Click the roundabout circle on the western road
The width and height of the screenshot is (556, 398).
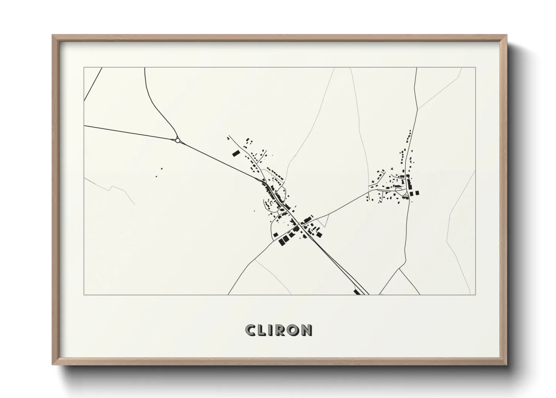click(178, 140)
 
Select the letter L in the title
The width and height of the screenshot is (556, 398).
click(262, 330)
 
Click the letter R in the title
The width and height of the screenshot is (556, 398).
click(280, 330)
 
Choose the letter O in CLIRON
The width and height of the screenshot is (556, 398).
click(293, 330)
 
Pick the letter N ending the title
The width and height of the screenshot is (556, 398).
click(307, 330)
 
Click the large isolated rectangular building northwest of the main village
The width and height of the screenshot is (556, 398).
click(236, 153)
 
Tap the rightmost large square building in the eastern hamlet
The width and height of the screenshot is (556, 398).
click(417, 193)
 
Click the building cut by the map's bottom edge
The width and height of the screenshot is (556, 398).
click(357, 292)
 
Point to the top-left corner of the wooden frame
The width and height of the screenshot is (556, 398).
click(53, 35)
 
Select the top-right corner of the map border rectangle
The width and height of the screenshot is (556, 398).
click(476, 68)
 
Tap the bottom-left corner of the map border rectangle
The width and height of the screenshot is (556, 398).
click(84, 295)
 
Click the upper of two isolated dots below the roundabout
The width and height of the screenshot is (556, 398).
click(162, 169)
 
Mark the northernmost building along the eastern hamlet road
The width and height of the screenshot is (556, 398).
click(410, 131)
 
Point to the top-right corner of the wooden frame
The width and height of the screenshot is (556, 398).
click(507, 35)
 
